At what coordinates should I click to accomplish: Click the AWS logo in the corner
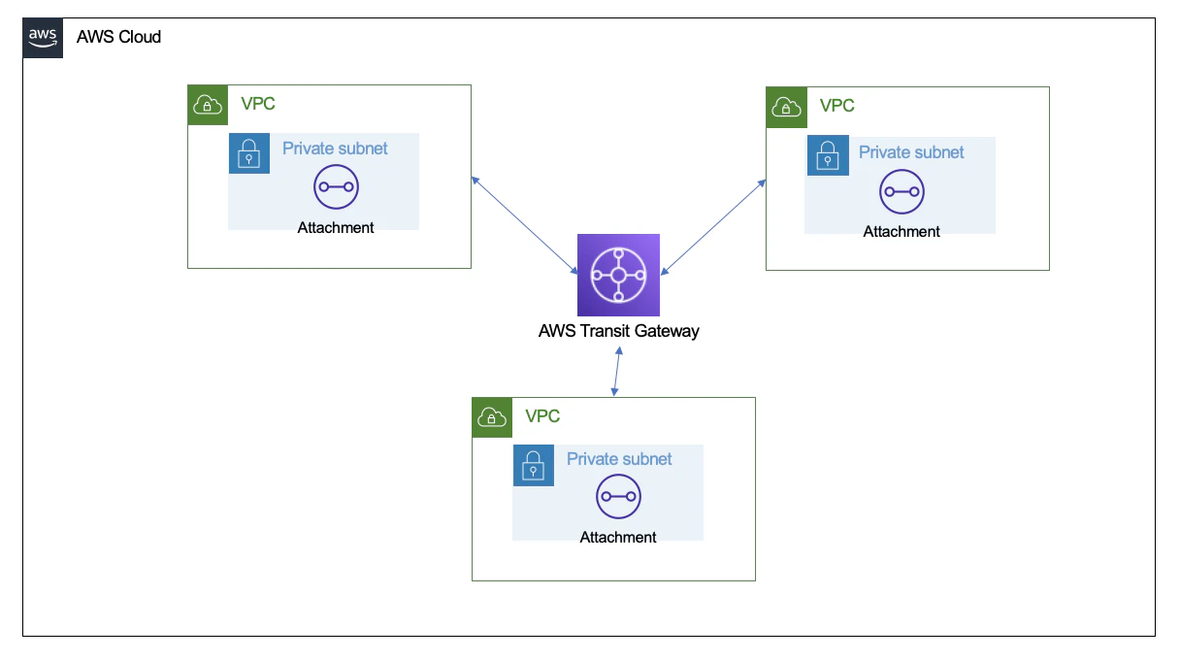43,38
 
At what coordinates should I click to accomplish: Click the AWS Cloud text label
118,37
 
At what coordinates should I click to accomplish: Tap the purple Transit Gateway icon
618,275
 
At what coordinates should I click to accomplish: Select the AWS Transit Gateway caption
618,331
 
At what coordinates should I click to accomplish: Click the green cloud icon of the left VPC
208,105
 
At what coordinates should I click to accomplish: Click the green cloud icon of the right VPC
786,108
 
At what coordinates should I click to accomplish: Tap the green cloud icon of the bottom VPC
492,417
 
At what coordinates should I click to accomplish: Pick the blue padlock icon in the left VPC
249,153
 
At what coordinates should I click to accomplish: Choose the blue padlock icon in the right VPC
828,155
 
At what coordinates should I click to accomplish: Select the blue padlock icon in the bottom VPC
534,465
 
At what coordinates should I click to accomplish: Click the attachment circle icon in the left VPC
336,186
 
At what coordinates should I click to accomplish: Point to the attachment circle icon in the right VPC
901,192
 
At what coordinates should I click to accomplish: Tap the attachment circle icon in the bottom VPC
618,496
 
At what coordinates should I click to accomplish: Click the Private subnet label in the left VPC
335,148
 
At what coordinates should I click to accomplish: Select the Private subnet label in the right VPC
911,152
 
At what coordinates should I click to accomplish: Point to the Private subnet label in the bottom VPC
619,459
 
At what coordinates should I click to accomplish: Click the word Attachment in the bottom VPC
618,538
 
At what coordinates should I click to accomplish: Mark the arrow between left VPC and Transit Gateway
525,225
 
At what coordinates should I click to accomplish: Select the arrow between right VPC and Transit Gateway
713,227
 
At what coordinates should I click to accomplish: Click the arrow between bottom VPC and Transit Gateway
617,372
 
